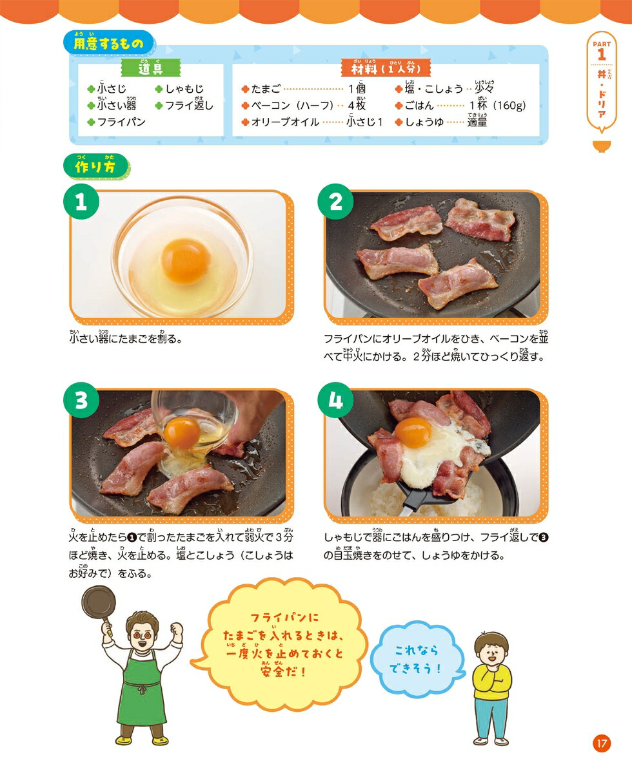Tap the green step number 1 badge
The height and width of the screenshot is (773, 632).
81,202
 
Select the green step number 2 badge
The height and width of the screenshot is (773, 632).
335,202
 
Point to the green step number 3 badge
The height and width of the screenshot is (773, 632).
81,400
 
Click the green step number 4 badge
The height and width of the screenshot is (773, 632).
335,400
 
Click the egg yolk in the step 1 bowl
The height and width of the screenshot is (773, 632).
186,261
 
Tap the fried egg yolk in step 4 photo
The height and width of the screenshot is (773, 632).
413,433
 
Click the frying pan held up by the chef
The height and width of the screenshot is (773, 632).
99,604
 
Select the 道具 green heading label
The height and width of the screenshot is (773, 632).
151,68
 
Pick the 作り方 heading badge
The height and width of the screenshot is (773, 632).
96,167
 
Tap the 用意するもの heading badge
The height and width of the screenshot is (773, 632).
109,43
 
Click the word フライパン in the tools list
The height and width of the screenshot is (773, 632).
121,122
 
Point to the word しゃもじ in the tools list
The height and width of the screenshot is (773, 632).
184,89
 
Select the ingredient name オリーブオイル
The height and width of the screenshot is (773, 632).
285,122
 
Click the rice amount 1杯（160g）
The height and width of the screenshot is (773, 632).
498,106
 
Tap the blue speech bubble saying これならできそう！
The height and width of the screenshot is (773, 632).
417,660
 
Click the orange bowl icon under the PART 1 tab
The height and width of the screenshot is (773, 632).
602,146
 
